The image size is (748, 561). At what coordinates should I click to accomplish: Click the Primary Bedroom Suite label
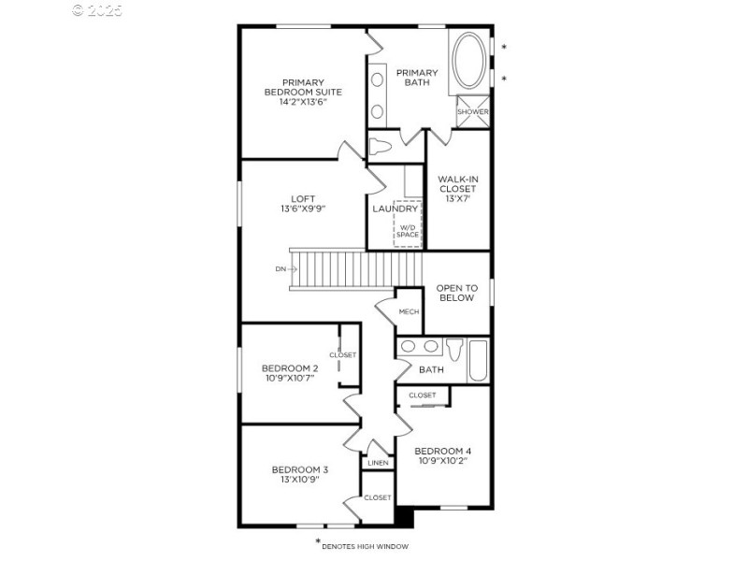303,87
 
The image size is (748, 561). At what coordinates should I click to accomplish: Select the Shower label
472,112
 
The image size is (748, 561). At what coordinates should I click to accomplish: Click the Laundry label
394,209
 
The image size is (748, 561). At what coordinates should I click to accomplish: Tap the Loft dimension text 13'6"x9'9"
302,209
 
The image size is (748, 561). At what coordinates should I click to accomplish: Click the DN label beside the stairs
280,269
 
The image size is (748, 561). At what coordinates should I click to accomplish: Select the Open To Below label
456,293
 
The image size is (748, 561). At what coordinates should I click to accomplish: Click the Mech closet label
409,311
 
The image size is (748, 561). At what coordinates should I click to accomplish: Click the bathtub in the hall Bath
478,361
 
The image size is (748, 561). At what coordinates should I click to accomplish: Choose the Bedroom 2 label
290,367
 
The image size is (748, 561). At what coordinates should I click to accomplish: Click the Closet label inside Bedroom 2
342,354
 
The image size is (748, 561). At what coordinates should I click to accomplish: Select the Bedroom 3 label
299,469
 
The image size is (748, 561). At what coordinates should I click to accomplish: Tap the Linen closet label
378,463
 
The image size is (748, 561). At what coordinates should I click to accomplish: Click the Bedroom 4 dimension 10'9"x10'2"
442,460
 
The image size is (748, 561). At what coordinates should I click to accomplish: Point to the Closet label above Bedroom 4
422,396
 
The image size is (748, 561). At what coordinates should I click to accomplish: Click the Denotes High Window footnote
365,545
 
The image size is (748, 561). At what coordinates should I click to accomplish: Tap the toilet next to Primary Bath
380,147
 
